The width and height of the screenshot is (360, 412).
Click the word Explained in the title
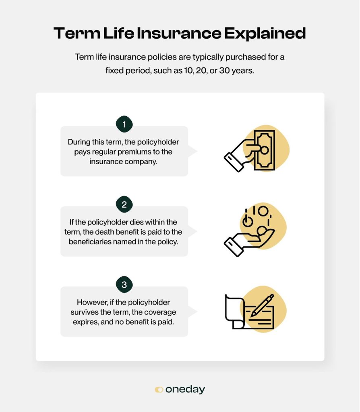pyautogui.click(x=265, y=34)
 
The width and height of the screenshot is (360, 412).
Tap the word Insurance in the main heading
pyautogui.click(x=179, y=33)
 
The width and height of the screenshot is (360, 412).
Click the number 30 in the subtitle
pyautogui.click(x=224, y=70)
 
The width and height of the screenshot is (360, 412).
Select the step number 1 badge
pyautogui.click(x=124, y=124)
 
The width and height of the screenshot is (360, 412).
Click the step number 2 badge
pyautogui.click(x=124, y=204)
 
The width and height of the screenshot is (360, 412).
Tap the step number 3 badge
pyautogui.click(x=124, y=284)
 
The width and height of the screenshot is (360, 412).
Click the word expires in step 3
pyautogui.click(x=85, y=322)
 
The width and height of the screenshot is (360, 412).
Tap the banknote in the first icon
pyautogui.click(x=265, y=150)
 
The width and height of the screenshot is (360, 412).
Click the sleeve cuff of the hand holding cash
pyautogui.click(x=234, y=162)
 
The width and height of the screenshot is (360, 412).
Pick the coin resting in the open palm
pyautogui.click(x=262, y=231)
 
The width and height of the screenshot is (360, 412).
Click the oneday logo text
pyautogui.click(x=185, y=389)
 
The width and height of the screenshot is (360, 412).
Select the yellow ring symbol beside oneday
pyautogui.click(x=159, y=389)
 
